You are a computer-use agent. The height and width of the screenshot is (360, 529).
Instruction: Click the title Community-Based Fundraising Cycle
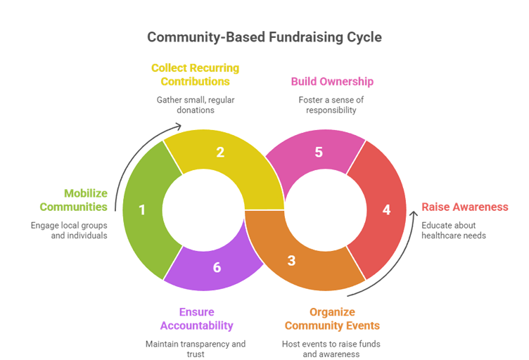(264, 37)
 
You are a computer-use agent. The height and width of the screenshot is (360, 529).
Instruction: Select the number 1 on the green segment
(142, 210)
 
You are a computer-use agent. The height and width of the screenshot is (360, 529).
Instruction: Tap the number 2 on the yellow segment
(220, 151)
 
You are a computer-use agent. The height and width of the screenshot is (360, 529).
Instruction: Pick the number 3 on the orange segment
(291, 261)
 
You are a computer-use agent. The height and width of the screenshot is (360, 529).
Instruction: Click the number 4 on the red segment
(385, 210)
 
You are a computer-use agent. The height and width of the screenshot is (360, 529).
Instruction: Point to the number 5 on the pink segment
(319, 151)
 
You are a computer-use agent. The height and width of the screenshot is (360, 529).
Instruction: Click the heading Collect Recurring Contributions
(195, 75)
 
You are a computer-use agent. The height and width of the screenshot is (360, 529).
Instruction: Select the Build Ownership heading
(332, 81)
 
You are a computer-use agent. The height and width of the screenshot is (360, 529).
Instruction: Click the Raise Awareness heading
(464, 207)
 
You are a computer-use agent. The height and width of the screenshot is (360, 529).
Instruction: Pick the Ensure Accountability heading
(196, 319)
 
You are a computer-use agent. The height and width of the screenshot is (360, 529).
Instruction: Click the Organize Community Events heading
(332, 319)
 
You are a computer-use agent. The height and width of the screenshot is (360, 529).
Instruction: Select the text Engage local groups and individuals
(69, 231)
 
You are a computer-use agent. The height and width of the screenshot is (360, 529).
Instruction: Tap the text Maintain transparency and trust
(196, 349)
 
